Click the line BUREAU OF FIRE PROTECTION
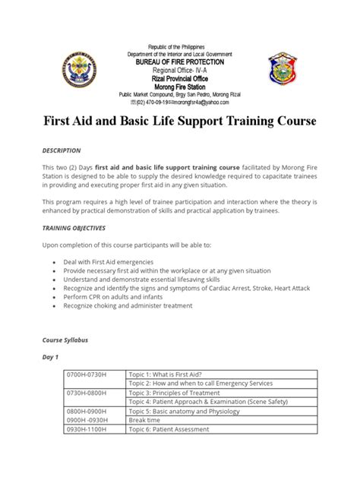point(180,63)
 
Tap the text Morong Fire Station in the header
point(180,86)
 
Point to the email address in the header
point(201,102)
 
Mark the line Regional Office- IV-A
point(180,71)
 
